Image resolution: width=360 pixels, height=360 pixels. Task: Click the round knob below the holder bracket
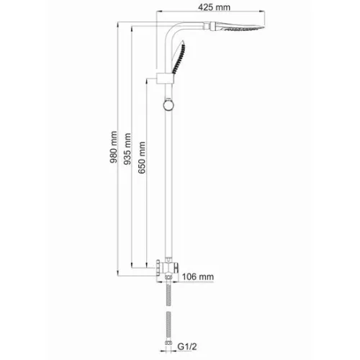point(168,107)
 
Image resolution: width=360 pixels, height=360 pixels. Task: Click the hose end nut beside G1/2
point(171,346)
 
